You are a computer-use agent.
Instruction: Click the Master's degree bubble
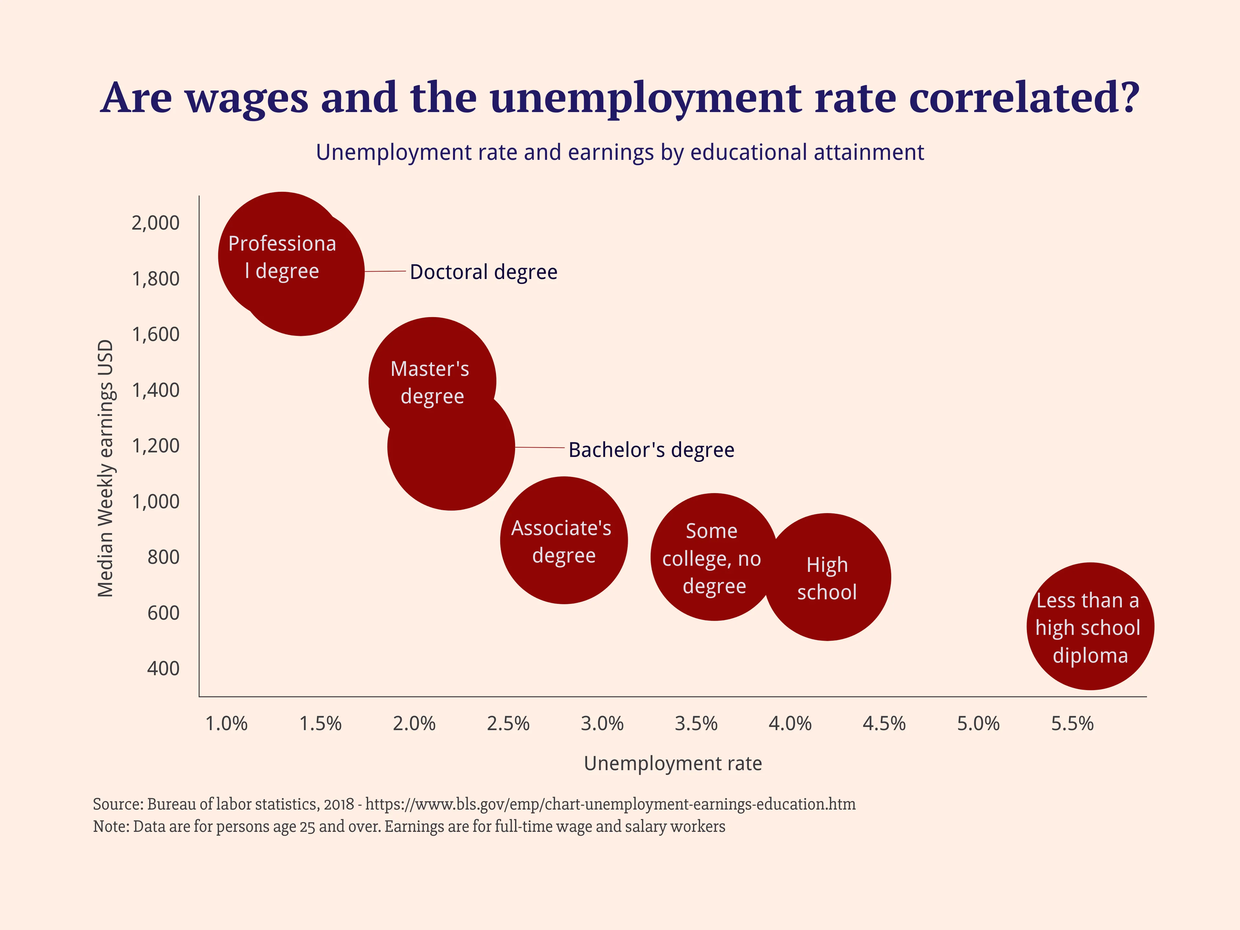(432, 370)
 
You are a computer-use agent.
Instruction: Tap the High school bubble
(827, 577)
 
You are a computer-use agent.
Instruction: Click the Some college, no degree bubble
(713, 557)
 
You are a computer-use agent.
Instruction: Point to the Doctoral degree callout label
(483, 272)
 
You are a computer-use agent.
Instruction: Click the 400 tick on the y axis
(163, 668)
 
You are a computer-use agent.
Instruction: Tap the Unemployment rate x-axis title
(673, 763)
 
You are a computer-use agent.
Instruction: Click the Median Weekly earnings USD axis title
(105, 468)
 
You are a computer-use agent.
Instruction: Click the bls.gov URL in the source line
(610, 804)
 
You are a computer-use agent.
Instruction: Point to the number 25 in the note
(307, 827)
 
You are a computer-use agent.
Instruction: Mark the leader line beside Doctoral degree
(385, 271)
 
